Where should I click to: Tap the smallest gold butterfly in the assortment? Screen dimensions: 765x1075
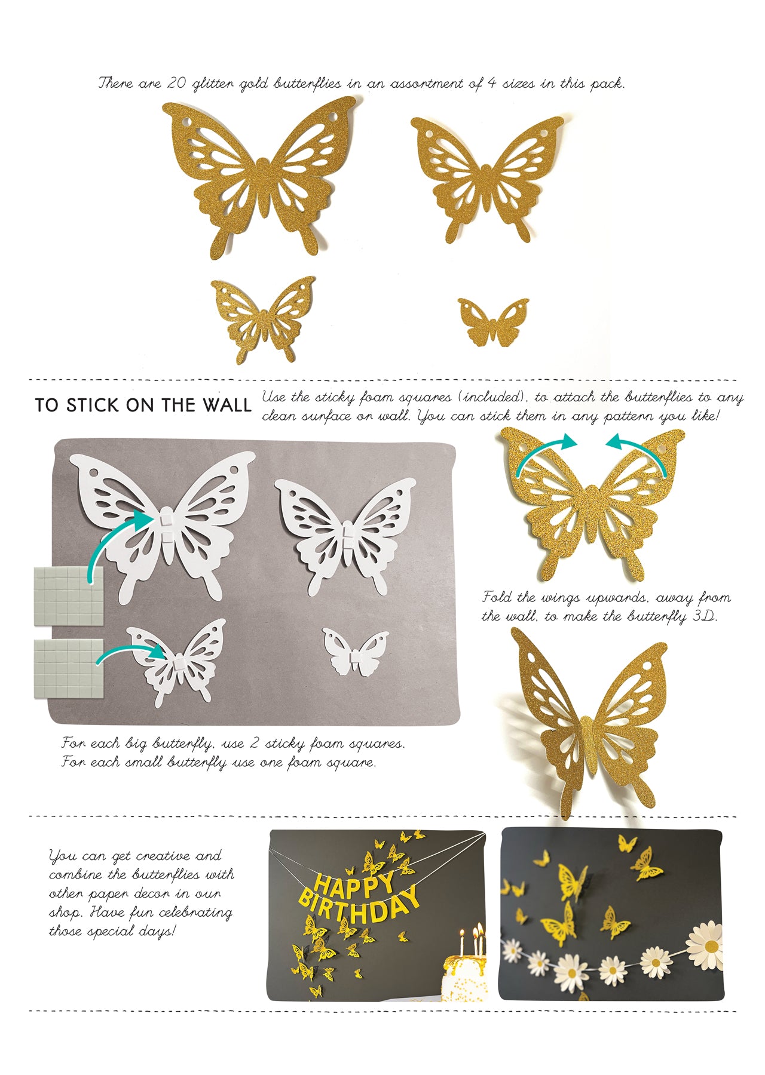(x=493, y=322)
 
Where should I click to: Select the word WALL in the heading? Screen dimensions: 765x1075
(x=227, y=405)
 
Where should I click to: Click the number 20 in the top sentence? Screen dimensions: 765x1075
(x=178, y=83)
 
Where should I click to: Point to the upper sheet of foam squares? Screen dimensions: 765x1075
(x=69, y=596)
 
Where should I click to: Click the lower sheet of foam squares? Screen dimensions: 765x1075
(x=69, y=669)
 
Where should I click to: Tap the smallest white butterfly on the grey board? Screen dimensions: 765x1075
(x=355, y=653)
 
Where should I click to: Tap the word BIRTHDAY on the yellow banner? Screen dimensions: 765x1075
(x=359, y=910)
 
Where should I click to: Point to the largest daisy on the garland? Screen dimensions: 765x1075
(x=704, y=944)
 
